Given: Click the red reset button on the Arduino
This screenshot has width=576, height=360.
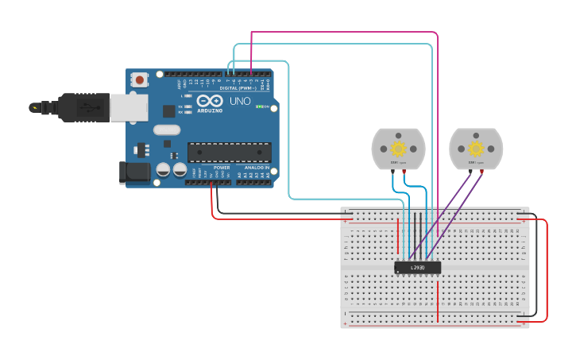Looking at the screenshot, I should [141, 79].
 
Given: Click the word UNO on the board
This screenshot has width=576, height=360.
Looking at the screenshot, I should [240, 102].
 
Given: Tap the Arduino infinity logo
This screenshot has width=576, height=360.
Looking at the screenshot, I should [210, 101].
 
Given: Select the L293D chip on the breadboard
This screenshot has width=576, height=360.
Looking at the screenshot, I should [418, 268].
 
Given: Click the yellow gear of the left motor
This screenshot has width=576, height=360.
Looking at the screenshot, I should [398, 149].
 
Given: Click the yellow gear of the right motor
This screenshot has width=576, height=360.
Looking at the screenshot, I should [475, 149].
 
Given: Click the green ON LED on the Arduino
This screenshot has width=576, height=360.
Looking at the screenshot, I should [261, 106].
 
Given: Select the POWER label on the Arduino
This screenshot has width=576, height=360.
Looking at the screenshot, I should [222, 168].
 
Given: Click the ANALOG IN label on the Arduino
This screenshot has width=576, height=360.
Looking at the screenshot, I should [255, 168].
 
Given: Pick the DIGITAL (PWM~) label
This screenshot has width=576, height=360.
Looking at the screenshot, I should [238, 88].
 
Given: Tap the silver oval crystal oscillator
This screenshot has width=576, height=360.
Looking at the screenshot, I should [167, 130].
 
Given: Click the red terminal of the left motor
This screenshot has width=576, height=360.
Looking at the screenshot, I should [404, 170].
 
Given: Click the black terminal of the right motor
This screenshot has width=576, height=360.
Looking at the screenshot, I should [470, 170].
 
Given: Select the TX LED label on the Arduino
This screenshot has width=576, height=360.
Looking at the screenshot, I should [180, 106].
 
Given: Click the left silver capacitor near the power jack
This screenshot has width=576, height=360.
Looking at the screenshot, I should [163, 169].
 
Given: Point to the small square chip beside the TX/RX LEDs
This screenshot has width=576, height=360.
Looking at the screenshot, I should [168, 111].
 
